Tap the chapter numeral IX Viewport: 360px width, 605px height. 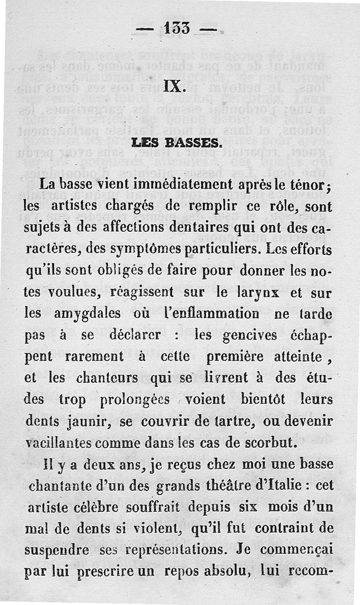point(172,86)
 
